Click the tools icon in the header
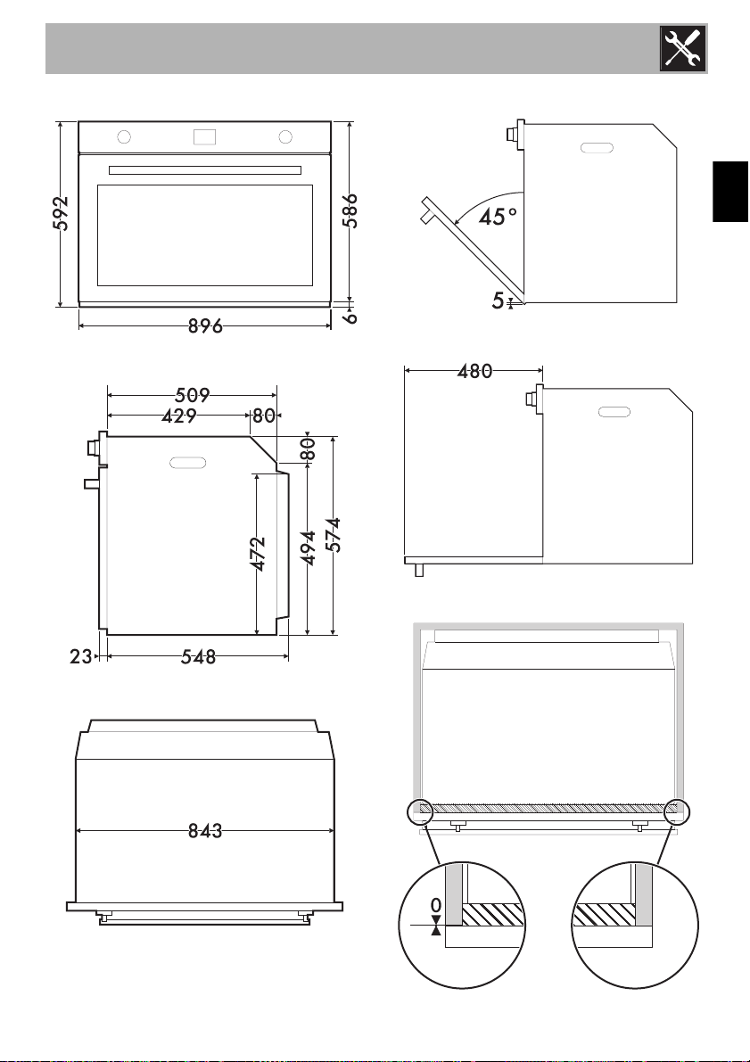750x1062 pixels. coord(683,49)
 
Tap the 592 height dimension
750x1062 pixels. coord(61,213)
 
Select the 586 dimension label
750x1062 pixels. coord(350,211)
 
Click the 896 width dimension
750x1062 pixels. coord(205,326)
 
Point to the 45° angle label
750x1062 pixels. coord(498,217)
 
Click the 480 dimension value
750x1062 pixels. coord(475,371)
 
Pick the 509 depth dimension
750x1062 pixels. coord(193,394)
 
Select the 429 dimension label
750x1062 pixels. coord(179,416)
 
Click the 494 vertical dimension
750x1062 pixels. coord(309,548)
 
